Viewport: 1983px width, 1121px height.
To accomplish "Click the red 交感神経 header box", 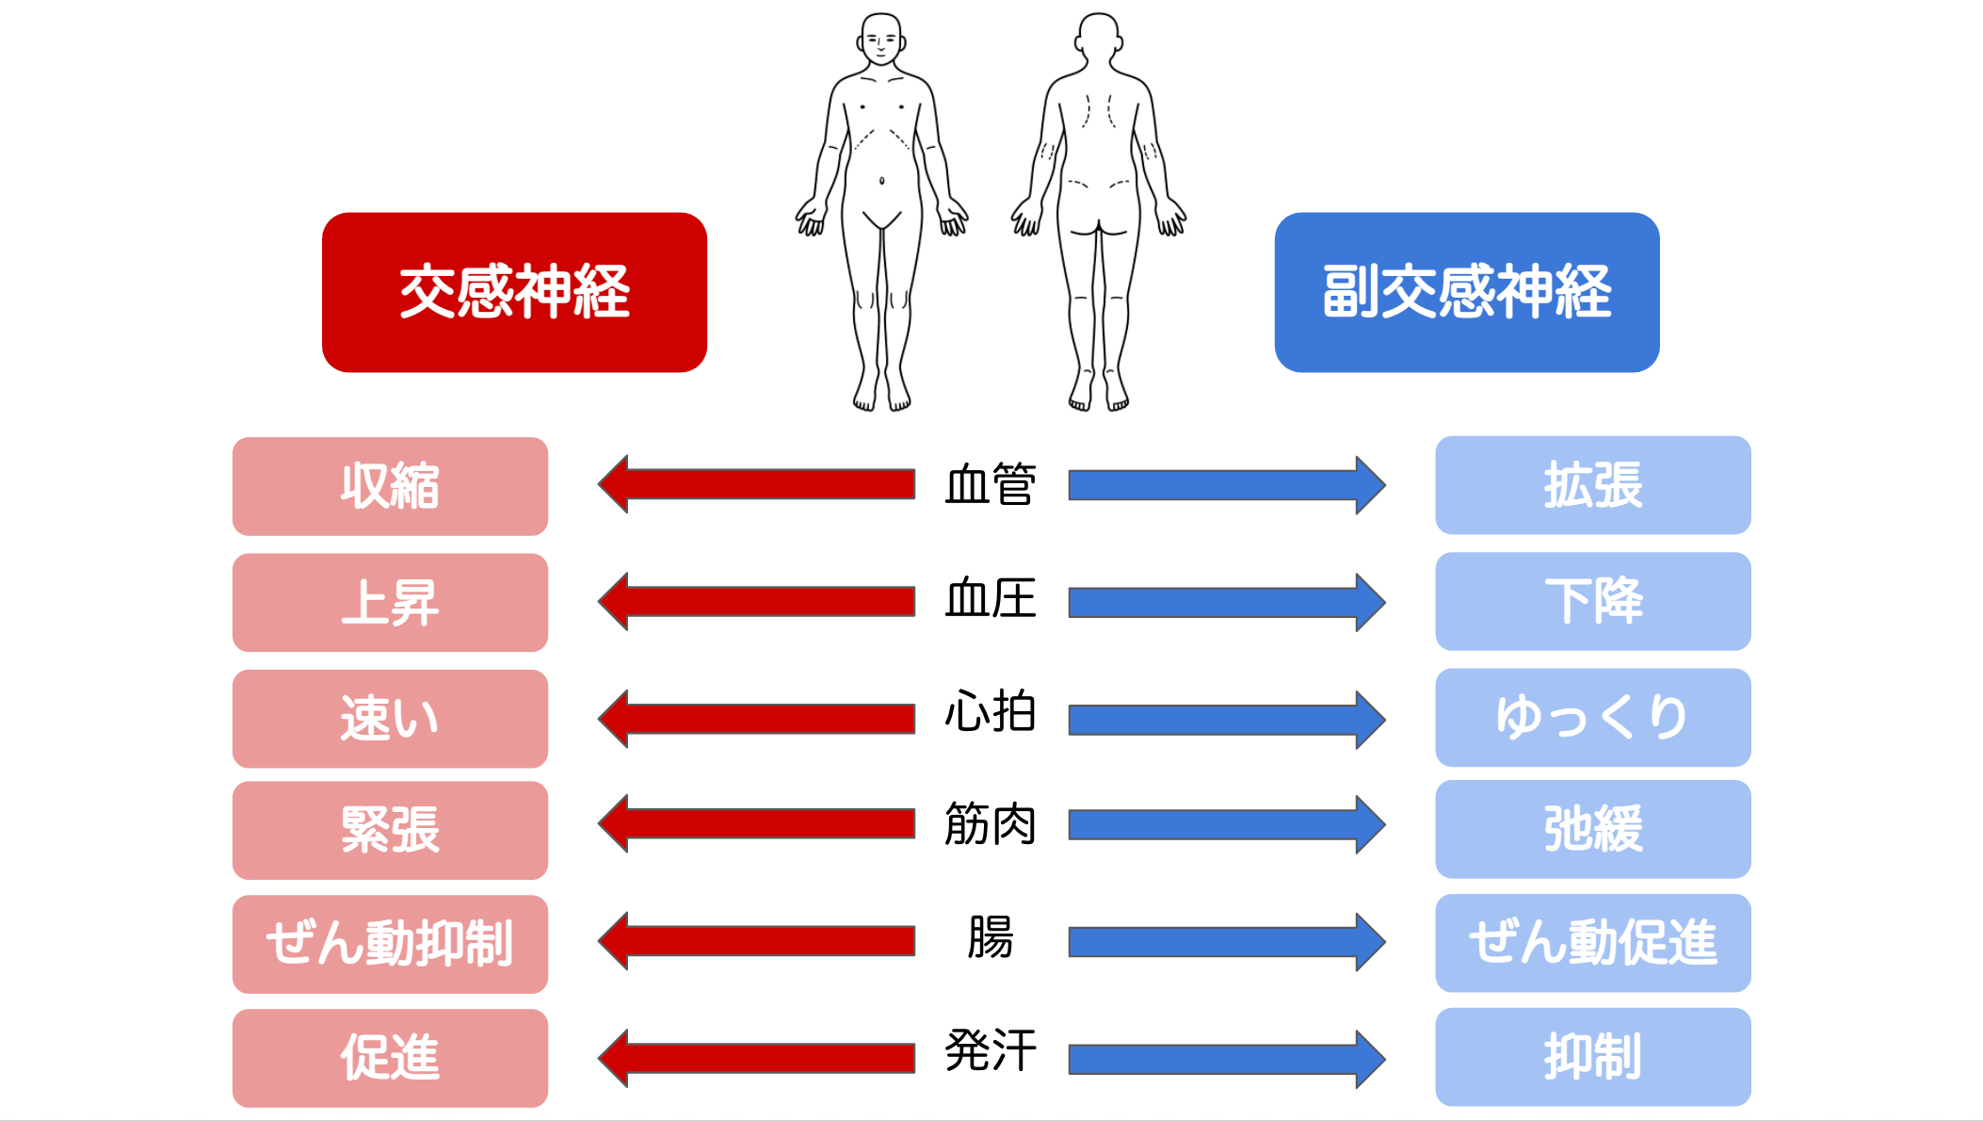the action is (514, 292).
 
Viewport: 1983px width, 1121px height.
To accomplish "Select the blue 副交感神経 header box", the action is (1467, 292).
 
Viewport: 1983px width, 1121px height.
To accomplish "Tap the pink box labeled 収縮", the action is (390, 486).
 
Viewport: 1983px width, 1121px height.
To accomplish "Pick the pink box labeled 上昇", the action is (390, 603).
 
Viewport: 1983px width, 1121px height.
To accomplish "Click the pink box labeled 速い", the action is (390, 719).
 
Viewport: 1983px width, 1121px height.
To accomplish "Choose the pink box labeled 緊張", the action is (390, 830).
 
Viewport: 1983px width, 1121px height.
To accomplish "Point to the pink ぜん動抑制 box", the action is (390, 944).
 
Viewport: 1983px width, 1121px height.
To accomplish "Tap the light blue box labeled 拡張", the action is (1593, 485).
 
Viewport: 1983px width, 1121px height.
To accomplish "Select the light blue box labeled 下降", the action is (1593, 601).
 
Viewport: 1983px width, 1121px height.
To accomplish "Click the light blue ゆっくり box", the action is (1593, 717).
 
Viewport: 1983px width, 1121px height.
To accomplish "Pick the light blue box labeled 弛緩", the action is (1593, 829).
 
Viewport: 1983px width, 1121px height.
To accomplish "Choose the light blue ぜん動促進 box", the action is (1593, 943).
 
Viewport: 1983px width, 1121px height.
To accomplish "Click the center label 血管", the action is (991, 485).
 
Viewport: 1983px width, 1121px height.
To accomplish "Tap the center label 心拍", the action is (991, 711).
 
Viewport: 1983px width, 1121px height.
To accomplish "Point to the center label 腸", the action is (991, 937).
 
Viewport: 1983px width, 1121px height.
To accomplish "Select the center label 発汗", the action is (991, 1050).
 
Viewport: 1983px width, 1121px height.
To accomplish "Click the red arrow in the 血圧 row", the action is (756, 601).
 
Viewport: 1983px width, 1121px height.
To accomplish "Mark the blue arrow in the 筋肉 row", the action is (1227, 824).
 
